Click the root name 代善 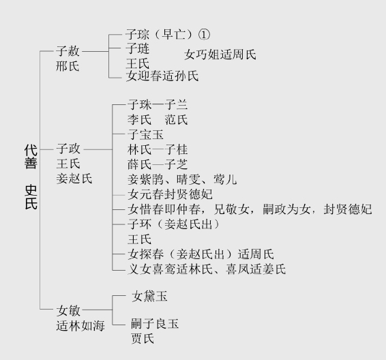pyautogui.click(x=31, y=157)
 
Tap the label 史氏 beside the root pyautogui.click(x=31, y=197)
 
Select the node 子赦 pyautogui.click(x=68, y=51)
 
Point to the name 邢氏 pyautogui.click(x=68, y=66)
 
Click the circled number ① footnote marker pyautogui.click(x=204, y=35)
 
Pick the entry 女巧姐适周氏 pyautogui.click(x=220, y=55)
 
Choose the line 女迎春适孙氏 pyautogui.click(x=162, y=76)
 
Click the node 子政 pyautogui.click(x=68, y=149)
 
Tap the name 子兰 pyautogui.click(x=176, y=105)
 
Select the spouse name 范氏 pyautogui.click(x=176, y=120)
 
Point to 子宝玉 pyautogui.click(x=145, y=134)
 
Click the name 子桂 pyautogui.click(x=176, y=149)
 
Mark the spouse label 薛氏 pyautogui.click(x=139, y=164)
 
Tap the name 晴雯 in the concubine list pyautogui.click(x=189, y=179)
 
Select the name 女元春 pyautogui.click(x=145, y=194)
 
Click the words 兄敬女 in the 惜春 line pyautogui.click(x=231, y=209)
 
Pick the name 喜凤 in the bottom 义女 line pyautogui.click(x=237, y=269)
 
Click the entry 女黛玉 pyautogui.click(x=149, y=297)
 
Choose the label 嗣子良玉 pyautogui.click(x=155, y=324)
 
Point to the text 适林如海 pyautogui.click(x=80, y=326)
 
